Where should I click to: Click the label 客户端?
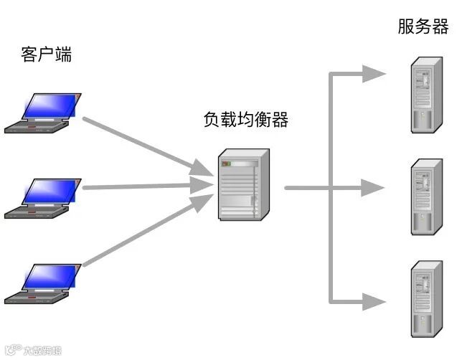click(47, 55)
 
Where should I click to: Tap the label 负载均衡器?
click(245, 120)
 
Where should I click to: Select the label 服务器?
click(423, 27)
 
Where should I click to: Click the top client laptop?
click(42, 113)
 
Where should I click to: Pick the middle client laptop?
click(42, 197)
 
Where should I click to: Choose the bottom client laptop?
click(42, 283)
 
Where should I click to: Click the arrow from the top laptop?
click(143, 144)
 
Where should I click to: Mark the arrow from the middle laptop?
click(143, 187)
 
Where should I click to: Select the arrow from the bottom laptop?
click(143, 233)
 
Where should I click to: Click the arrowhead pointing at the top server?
click(374, 73)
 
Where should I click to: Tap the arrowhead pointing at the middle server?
click(374, 188)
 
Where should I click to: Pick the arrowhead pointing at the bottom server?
click(374, 301)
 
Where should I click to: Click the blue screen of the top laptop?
click(50, 105)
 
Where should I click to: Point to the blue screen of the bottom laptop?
click(50, 276)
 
